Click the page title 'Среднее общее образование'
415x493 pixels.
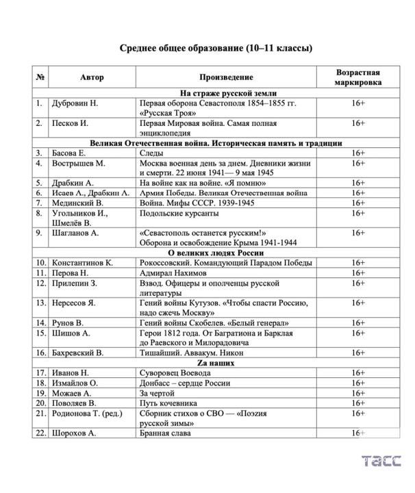click(216, 48)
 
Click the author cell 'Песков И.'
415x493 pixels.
click(71, 124)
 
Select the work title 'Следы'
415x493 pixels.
click(151, 153)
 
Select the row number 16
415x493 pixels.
click(41, 353)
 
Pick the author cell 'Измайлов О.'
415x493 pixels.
click(75, 383)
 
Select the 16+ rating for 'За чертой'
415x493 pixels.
click(357, 393)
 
